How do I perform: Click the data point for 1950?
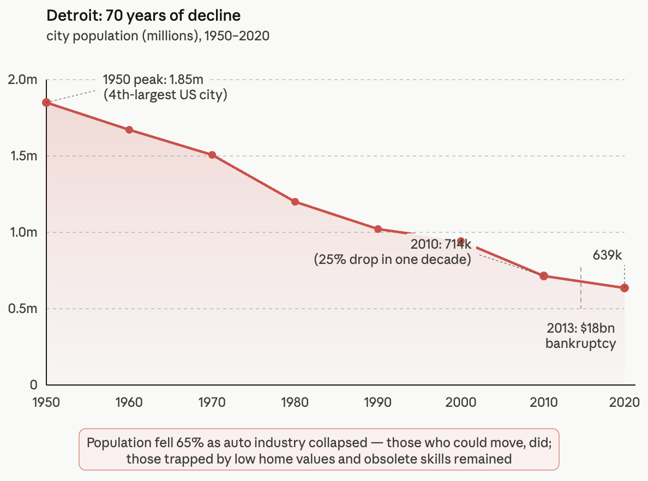[46, 103]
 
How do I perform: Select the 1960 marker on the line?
[129, 130]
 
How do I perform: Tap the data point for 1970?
[212, 155]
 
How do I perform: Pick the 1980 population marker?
[295, 202]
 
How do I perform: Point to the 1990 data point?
[377, 229]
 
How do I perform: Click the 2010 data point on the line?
[543, 276]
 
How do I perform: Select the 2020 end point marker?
[625, 288]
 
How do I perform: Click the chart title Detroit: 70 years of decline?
[143, 15]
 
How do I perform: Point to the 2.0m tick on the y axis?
[22, 80]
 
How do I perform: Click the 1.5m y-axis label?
[23, 156]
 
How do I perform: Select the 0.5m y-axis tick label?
[22, 309]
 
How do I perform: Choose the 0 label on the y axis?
[33, 385]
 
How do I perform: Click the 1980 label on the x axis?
[295, 402]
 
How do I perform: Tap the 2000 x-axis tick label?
[461, 402]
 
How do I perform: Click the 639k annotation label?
[607, 255]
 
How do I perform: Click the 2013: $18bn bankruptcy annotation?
[581, 336]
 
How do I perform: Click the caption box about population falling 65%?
[319, 449]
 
